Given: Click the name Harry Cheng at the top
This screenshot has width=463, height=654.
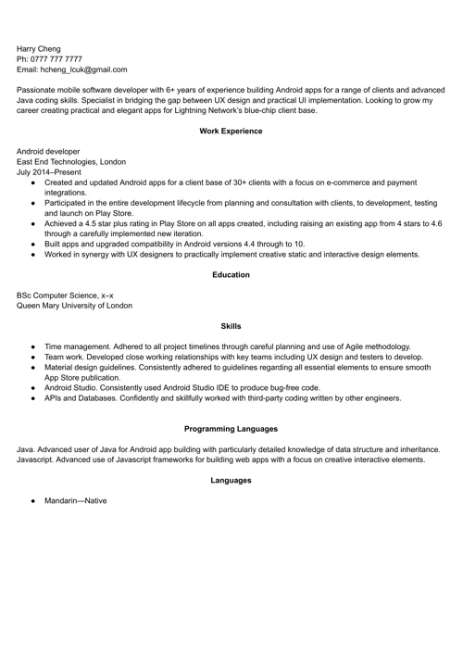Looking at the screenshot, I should pyautogui.click(x=39, y=47).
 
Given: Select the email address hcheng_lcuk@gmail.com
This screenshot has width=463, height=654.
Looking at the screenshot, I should pyautogui.click(x=81, y=69).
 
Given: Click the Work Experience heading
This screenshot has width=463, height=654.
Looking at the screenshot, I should pyautogui.click(x=231, y=132).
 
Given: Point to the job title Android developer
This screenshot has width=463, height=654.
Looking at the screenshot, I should pyautogui.click(x=48, y=150).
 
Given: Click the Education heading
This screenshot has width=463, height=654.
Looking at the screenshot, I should pyautogui.click(x=231, y=274).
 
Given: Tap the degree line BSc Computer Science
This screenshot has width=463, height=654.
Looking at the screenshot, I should pyautogui.click(x=65, y=294).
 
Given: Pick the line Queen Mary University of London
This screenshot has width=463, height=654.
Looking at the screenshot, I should pyautogui.click(x=74, y=305).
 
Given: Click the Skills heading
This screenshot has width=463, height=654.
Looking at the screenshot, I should pyautogui.click(x=231, y=326).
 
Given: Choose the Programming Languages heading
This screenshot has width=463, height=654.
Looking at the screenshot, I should pyautogui.click(x=231, y=429).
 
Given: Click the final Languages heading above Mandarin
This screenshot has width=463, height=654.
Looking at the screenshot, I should pyautogui.click(x=231, y=480).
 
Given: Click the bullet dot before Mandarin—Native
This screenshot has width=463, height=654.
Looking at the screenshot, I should pyautogui.click(x=33, y=501).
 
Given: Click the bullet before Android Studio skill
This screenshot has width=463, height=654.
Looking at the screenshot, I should pyautogui.click(x=33, y=388).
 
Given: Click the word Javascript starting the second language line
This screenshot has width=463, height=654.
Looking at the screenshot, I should pyautogui.click(x=37, y=459).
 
